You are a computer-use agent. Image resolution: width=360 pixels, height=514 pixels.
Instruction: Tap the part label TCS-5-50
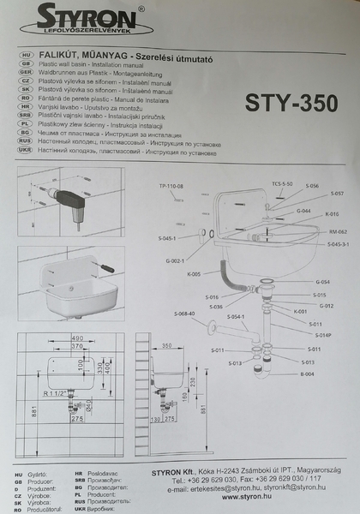tap(282, 184)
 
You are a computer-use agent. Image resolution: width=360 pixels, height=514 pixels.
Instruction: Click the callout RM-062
tap(337, 232)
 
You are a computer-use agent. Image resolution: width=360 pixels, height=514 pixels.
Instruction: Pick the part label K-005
tap(195, 274)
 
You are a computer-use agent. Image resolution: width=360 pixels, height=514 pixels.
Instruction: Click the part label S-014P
tap(323, 335)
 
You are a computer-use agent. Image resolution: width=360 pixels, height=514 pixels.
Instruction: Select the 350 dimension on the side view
tap(167, 347)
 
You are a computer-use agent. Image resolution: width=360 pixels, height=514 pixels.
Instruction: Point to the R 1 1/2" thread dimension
tap(60, 391)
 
